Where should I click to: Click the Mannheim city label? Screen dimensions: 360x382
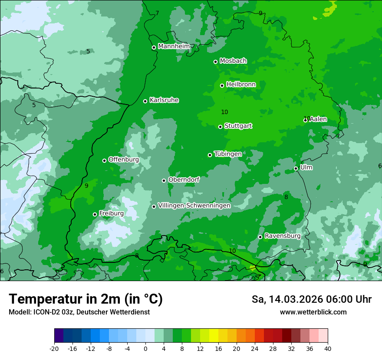174,46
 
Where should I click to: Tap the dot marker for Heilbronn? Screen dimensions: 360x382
222,85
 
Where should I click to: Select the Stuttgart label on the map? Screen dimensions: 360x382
238,126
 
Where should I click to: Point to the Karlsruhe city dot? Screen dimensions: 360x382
145,101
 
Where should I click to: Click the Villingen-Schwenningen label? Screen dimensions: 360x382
194,206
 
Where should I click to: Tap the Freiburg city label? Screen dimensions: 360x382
111,213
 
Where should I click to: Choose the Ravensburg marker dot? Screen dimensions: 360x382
260,237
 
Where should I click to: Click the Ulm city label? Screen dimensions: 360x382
306,167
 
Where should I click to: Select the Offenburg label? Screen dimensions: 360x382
124,160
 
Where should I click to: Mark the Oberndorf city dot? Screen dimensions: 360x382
164,180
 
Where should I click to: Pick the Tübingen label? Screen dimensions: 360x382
228,154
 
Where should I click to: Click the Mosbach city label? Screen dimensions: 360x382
233,61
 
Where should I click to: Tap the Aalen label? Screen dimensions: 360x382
318,119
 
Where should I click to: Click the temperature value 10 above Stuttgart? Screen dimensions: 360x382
224,112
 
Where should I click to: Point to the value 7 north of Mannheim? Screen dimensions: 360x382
157,13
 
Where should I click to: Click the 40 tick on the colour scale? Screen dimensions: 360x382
327,348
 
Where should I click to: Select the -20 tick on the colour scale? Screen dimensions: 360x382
54,348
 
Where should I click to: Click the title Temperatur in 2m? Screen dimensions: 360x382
86,299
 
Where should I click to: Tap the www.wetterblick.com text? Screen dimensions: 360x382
313,312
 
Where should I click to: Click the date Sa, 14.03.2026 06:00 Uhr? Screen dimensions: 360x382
311,299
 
